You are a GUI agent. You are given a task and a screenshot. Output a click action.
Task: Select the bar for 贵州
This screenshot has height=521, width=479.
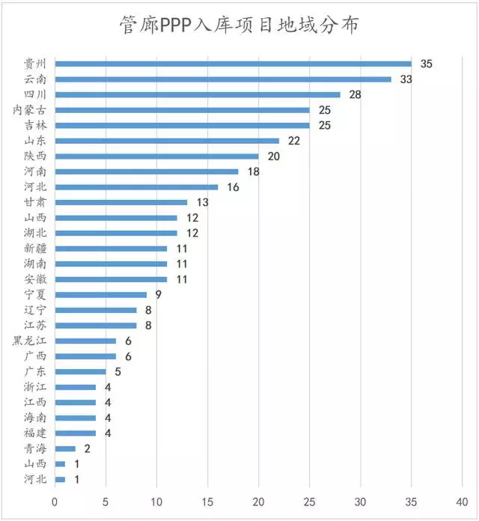click(x=233, y=64)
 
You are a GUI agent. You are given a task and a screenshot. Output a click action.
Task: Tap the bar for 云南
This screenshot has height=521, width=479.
click(x=222, y=79)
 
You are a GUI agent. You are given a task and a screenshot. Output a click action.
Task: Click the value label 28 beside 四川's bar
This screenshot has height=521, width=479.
click(x=355, y=94)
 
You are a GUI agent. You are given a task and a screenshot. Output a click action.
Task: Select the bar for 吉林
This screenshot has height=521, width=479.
click(x=182, y=125)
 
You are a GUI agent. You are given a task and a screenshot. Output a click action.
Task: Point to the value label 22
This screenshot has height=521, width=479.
click(x=293, y=141)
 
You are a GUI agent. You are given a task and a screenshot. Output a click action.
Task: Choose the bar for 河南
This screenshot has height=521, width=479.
click(x=146, y=171)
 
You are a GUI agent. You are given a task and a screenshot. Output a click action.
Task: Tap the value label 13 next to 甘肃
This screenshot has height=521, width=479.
click(x=202, y=202)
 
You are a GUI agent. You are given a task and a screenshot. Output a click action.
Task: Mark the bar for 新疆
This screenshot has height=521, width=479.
click(x=111, y=249)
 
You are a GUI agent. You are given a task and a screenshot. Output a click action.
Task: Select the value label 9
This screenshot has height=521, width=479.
click(x=159, y=294)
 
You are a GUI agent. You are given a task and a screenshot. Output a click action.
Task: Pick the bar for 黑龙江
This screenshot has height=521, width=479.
click(x=85, y=341)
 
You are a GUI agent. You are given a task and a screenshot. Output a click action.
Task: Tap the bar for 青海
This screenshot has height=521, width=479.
click(x=65, y=448)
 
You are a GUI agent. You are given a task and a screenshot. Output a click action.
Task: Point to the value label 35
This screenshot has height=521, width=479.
click(x=426, y=64)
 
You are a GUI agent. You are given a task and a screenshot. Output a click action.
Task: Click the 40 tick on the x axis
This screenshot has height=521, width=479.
click(x=463, y=500)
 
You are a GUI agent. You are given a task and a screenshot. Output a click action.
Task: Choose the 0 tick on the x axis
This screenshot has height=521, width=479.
click(x=55, y=500)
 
